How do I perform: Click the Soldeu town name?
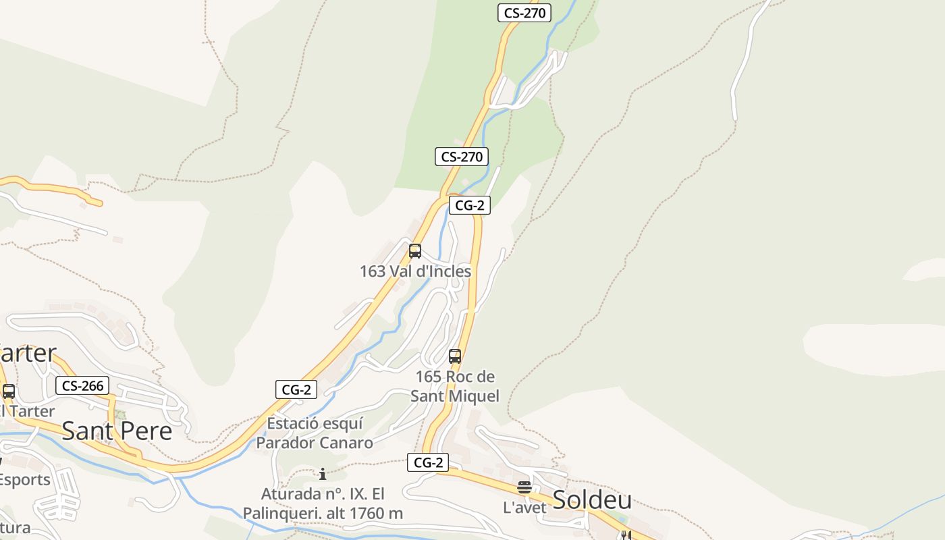point(592,500)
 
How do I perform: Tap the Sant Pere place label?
point(117,431)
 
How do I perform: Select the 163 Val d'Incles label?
point(415,271)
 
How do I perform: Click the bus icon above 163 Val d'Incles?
point(415,251)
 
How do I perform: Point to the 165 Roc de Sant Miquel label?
point(455,386)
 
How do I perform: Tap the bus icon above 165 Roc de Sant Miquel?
point(455,356)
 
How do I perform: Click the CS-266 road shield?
point(82,385)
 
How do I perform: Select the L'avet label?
point(524,508)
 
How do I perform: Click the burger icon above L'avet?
point(524,487)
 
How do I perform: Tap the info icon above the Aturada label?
point(323,474)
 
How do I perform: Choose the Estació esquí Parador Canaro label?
point(315,433)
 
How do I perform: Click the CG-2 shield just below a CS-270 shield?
point(469,205)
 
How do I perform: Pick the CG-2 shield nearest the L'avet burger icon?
point(428,462)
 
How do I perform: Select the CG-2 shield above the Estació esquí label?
point(296,389)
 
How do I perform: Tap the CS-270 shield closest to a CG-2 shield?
point(462,157)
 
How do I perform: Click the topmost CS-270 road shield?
point(524,12)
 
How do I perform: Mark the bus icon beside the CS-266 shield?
point(9,391)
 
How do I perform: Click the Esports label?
point(24,480)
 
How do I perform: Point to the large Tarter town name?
point(27,353)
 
